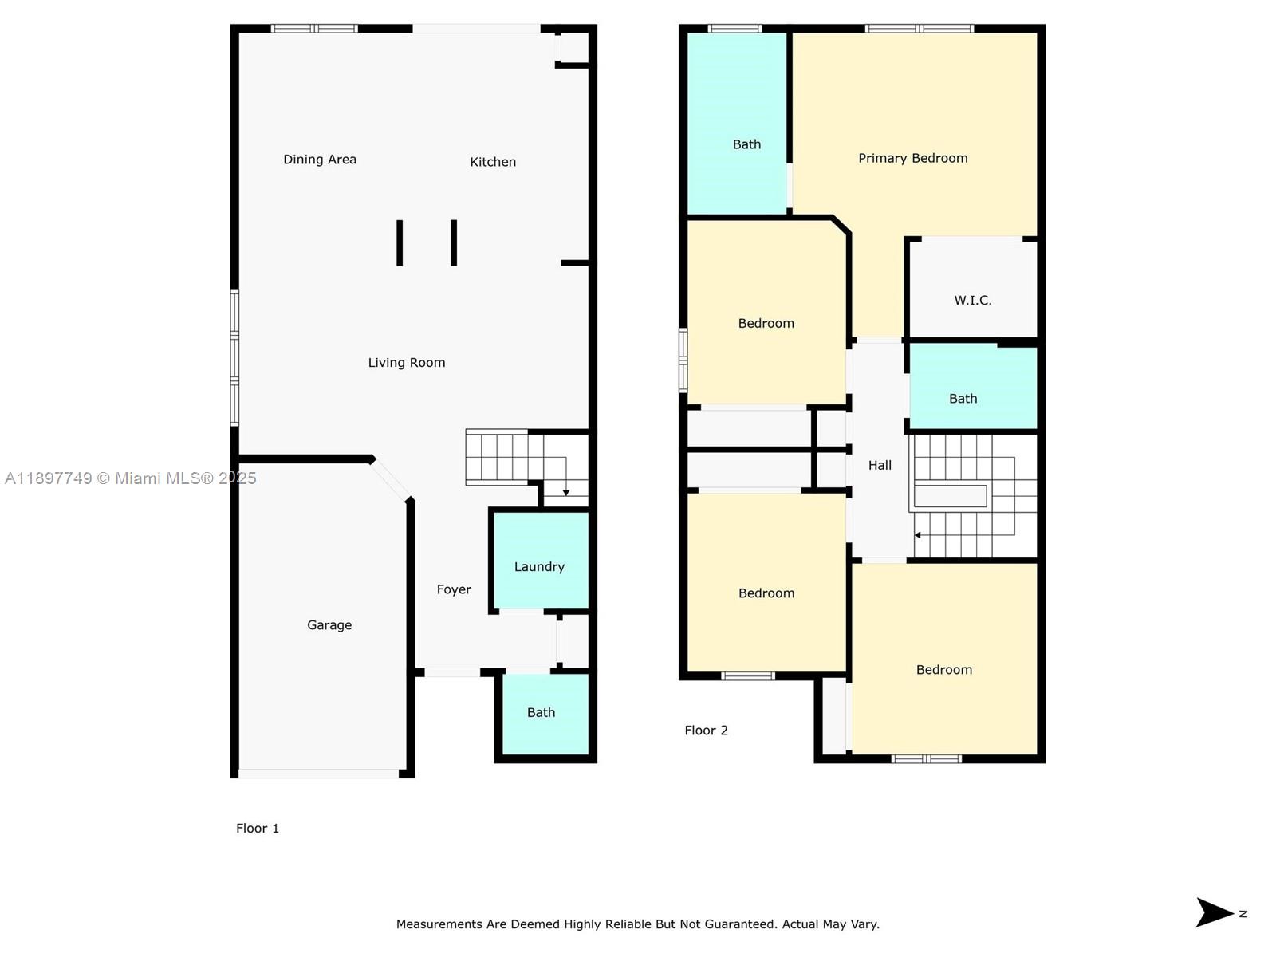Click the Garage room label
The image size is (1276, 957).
click(x=329, y=625)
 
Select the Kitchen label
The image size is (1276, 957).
click(x=493, y=162)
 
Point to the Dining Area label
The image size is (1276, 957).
click(x=320, y=159)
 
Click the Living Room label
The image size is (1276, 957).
click(x=407, y=363)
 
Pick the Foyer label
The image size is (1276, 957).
click(x=454, y=589)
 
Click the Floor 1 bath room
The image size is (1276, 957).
click(x=542, y=713)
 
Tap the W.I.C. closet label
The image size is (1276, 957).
click(x=973, y=301)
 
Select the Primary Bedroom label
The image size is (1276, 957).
click(x=913, y=158)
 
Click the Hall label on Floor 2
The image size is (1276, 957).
click(x=880, y=465)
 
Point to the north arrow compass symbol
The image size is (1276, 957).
click(x=1216, y=913)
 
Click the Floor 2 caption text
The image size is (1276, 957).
click(x=706, y=731)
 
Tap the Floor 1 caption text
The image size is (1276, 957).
click(x=258, y=829)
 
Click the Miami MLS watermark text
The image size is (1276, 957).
click(x=131, y=478)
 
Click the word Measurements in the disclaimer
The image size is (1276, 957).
click(x=439, y=924)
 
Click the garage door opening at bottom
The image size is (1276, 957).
click(x=318, y=774)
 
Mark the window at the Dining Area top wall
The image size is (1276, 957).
click(x=314, y=29)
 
